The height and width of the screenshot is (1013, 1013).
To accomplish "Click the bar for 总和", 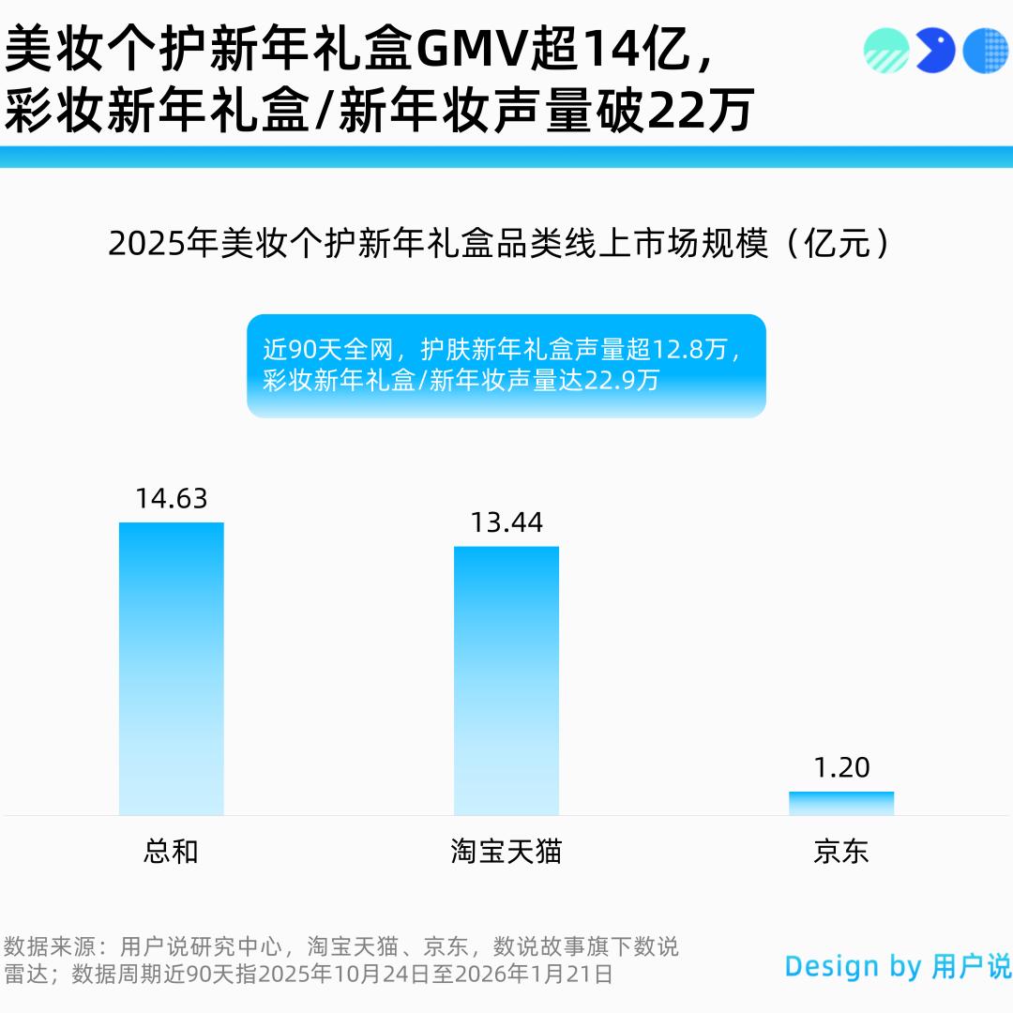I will click(172, 668).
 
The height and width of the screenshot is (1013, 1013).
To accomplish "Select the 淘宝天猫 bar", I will click(506, 680).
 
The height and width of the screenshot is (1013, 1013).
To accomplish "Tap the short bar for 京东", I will click(841, 804).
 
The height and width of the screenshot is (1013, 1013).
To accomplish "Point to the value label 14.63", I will click(172, 498).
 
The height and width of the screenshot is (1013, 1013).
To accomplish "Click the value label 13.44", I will click(506, 522).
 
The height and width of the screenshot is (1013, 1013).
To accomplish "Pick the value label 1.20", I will click(841, 768).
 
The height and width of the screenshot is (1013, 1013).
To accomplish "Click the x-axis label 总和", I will click(172, 852).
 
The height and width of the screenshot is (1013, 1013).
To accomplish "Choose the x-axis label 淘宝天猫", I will click(506, 852).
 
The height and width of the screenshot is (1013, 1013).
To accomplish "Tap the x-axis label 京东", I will click(841, 852).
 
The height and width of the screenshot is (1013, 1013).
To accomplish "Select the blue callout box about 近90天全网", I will click(506, 366).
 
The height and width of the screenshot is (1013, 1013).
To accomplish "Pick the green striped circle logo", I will click(886, 51).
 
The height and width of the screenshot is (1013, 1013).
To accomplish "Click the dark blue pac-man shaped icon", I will click(934, 51).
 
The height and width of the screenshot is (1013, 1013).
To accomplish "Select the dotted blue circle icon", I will click(985, 51).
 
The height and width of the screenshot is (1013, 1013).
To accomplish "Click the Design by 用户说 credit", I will click(898, 966).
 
